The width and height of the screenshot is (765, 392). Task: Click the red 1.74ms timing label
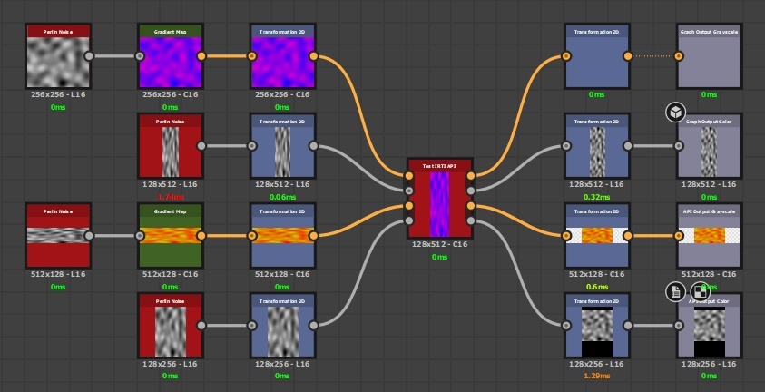[x=170, y=196]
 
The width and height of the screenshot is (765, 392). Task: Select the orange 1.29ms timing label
[x=595, y=376]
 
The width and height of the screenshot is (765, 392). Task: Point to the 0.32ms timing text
[x=595, y=196]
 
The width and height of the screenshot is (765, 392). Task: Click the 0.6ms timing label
[x=595, y=287]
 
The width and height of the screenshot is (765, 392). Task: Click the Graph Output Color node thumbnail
[x=709, y=150]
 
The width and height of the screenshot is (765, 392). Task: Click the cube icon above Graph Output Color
[x=675, y=113]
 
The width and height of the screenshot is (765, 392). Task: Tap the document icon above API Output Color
[x=675, y=291]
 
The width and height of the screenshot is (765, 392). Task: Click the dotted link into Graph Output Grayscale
[x=652, y=56]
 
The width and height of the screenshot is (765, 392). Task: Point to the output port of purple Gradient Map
[x=201, y=56]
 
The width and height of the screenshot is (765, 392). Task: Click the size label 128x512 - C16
[x=439, y=245]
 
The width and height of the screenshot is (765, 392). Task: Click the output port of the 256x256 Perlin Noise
[x=89, y=56]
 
